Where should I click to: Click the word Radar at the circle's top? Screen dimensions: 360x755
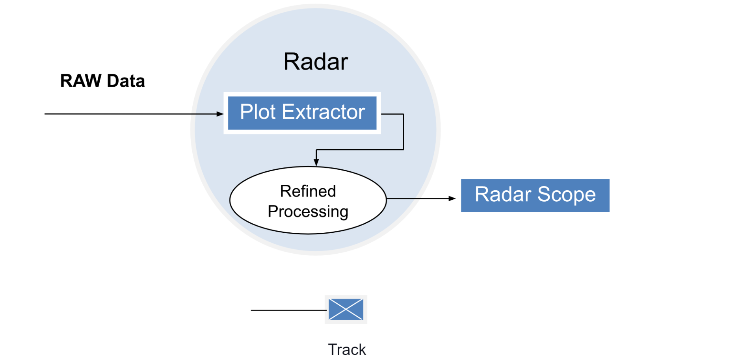tap(316, 62)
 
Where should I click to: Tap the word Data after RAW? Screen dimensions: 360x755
tap(126, 81)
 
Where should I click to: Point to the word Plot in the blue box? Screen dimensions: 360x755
tap(258, 112)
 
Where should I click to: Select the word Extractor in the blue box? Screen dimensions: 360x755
tap(324, 112)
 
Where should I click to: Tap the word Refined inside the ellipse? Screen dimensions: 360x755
tap(308, 191)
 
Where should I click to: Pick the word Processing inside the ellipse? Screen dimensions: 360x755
tap(308, 212)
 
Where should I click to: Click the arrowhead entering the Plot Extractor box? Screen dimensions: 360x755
tap(220, 114)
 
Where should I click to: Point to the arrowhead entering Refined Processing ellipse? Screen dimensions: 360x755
tap(316, 162)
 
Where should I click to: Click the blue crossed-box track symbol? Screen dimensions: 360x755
tap(346, 309)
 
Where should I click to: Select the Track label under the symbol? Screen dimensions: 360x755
tap(347, 350)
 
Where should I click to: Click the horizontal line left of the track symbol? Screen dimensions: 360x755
tap(288, 310)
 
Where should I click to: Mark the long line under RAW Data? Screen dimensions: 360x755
tap(130, 114)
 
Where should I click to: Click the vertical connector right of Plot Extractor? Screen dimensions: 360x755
tap(404, 132)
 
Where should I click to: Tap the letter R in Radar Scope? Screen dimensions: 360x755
tap(482, 195)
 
